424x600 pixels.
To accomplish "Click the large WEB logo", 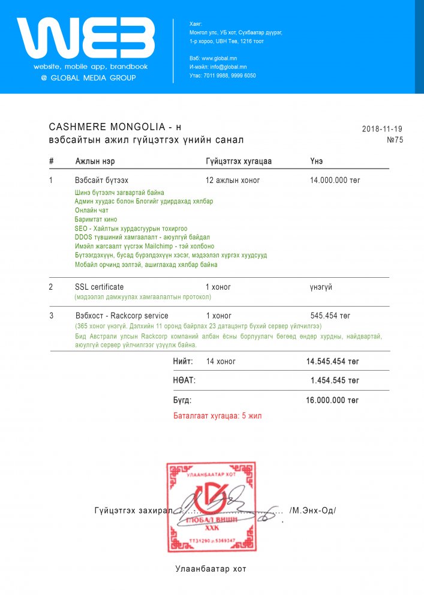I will click(86, 38).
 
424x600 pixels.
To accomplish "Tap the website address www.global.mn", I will click(213, 58).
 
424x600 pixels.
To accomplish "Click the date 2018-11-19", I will click(382, 129).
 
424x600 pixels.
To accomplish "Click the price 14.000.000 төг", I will click(335, 180).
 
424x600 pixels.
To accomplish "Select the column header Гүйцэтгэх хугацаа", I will click(239, 161).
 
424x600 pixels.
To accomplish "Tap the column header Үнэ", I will click(317, 161).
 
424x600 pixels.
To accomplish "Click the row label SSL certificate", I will click(99, 287).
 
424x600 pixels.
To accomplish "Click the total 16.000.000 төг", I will click(332, 400).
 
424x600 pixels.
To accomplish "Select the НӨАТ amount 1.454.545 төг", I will click(335, 380).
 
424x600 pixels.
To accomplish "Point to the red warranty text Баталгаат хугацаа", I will click(218, 415).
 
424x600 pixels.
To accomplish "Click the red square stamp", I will click(211, 507).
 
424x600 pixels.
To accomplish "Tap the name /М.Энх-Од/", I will click(312, 511).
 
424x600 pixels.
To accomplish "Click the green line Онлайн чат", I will click(92, 211).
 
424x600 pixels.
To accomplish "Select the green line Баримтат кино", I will click(96, 220).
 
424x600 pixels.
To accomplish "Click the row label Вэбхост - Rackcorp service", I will click(121, 316).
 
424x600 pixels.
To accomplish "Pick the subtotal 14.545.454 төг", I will click(332, 362).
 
